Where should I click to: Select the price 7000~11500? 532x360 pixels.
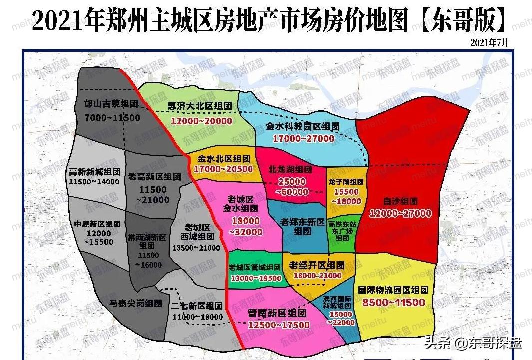tap(112, 118)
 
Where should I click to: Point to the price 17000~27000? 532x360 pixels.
tap(303, 138)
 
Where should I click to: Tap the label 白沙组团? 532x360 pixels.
tap(400, 202)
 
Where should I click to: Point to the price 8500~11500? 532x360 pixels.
tap(394, 302)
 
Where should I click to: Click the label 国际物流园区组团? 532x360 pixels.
tap(394, 290)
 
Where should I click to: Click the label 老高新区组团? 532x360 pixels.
tap(154, 176)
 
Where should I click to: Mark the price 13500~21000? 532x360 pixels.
tap(195, 248)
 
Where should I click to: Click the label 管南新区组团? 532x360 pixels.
tap(277, 313)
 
